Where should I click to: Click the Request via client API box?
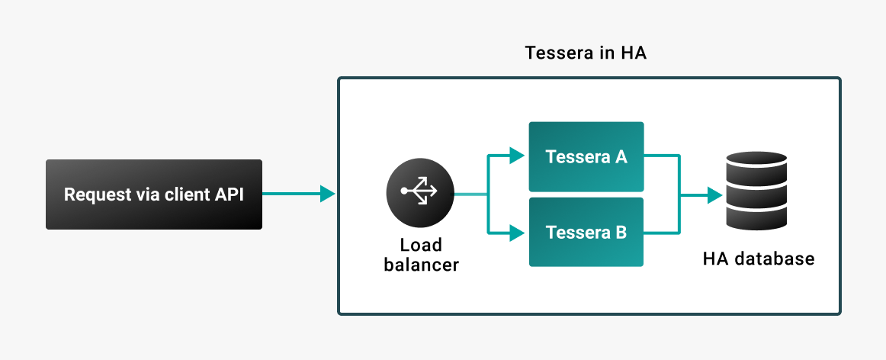[x=153, y=194]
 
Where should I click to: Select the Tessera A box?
[x=586, y=156]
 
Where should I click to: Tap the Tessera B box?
[x=586, y=232]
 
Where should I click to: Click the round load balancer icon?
[x=420, y=194]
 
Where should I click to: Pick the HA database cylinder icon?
[x=756, y=191]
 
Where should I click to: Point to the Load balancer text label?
[x=421, y=255]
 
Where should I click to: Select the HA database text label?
[x=758, y=259]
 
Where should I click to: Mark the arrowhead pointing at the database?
[x=714, y=196]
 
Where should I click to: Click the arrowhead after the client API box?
[x=328, y=194]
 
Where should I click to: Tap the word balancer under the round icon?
[x=421, y=265]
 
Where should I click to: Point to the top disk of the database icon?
[x=756, y=159]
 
